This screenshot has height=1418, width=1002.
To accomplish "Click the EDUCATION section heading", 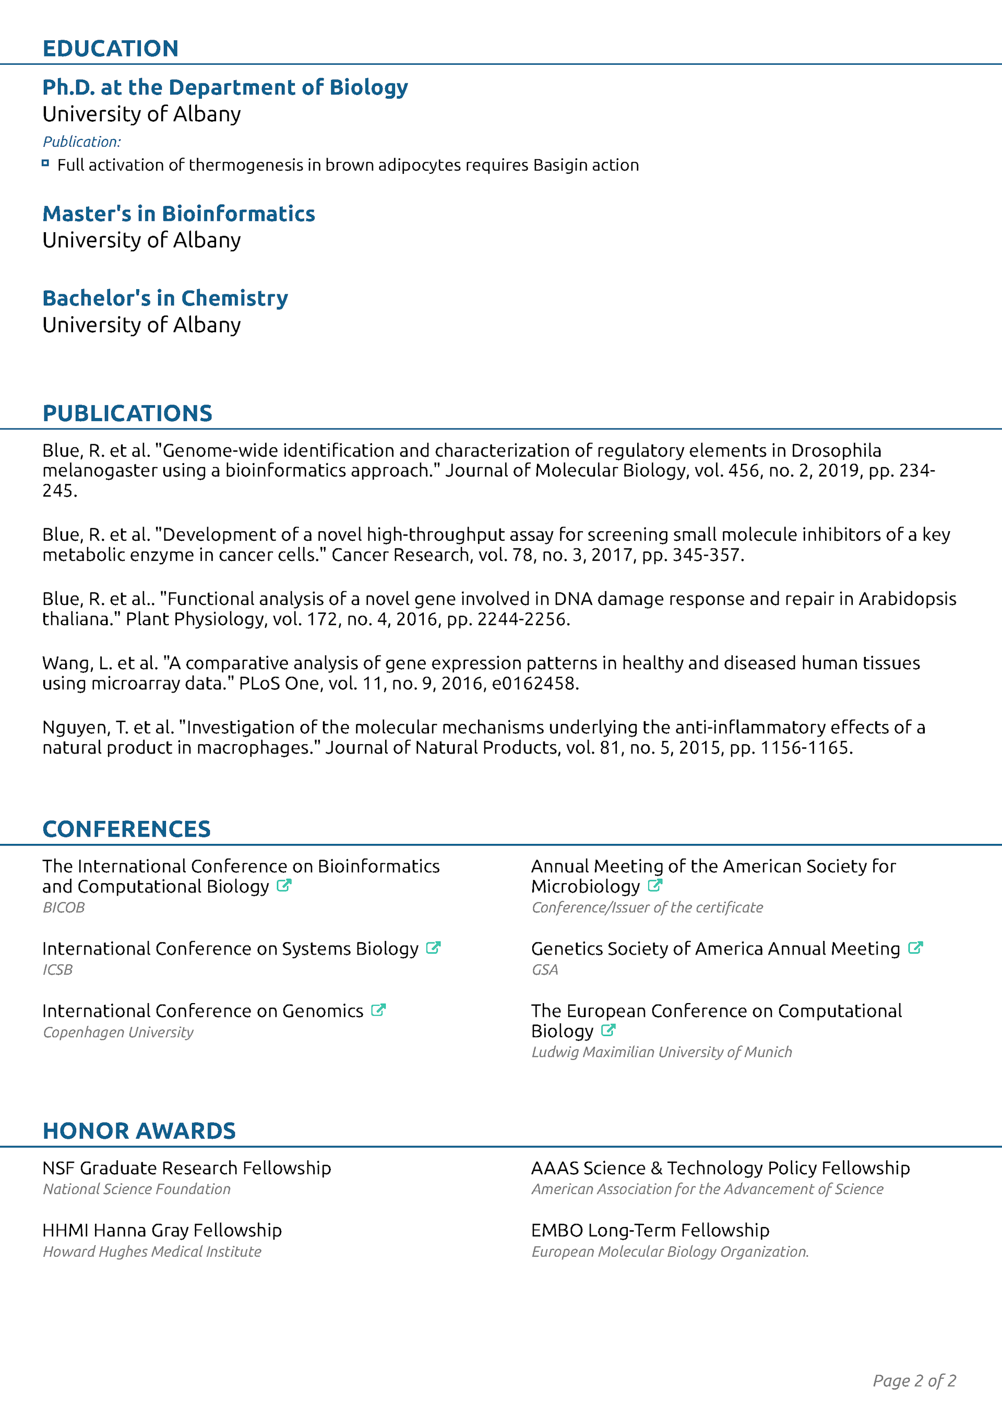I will tap(111, 48).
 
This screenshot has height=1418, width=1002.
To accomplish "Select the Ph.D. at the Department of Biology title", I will tap(225, 88).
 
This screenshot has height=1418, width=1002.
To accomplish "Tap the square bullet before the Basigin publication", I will tap(45, 163).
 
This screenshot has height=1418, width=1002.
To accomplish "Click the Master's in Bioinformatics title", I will tap(178, 213).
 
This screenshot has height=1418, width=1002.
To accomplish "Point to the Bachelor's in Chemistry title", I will tap(165, 299).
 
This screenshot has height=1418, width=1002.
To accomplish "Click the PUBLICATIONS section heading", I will tap(127, 413).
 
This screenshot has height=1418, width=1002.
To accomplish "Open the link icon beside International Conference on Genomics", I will tap(378, 1010).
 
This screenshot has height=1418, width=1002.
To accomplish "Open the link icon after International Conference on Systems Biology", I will tap(433, 948).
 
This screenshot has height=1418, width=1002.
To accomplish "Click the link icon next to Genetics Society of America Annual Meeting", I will tap(915, 948).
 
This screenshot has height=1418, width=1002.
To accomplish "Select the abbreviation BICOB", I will tap(64, 907).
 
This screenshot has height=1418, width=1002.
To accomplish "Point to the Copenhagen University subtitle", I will tap(118, 1032).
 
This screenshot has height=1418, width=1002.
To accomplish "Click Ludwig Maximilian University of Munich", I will tap(661, 1052).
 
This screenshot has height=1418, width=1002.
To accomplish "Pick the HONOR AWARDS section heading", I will tap(139, 1131).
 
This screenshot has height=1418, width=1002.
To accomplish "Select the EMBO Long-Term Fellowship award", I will tap(650, 1230).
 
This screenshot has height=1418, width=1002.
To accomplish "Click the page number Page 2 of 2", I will tap(914, 1380).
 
